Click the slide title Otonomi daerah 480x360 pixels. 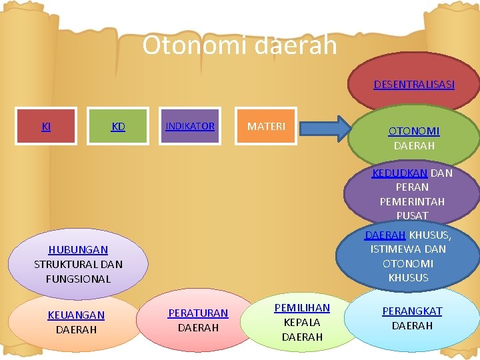click(239, 45)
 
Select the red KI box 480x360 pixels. click(46, 126)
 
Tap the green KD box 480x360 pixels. click(118, 126)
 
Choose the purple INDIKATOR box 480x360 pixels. click(190, 126)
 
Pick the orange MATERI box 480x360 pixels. click(266, 126)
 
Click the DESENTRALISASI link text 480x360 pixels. click(414, 85)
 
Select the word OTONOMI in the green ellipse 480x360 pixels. click(414, 131)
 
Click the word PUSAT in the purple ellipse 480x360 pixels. click(412, 215)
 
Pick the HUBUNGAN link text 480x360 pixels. click(78, 250)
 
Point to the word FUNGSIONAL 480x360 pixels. click(78, 279)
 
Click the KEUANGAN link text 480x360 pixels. click(76, 315)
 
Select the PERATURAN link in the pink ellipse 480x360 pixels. click(198, 313)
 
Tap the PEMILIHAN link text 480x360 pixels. click(302, 308)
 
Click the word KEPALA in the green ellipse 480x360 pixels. click(302, 323)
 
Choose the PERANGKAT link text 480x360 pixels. click(412, 311)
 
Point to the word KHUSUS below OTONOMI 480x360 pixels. click(408, 277)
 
